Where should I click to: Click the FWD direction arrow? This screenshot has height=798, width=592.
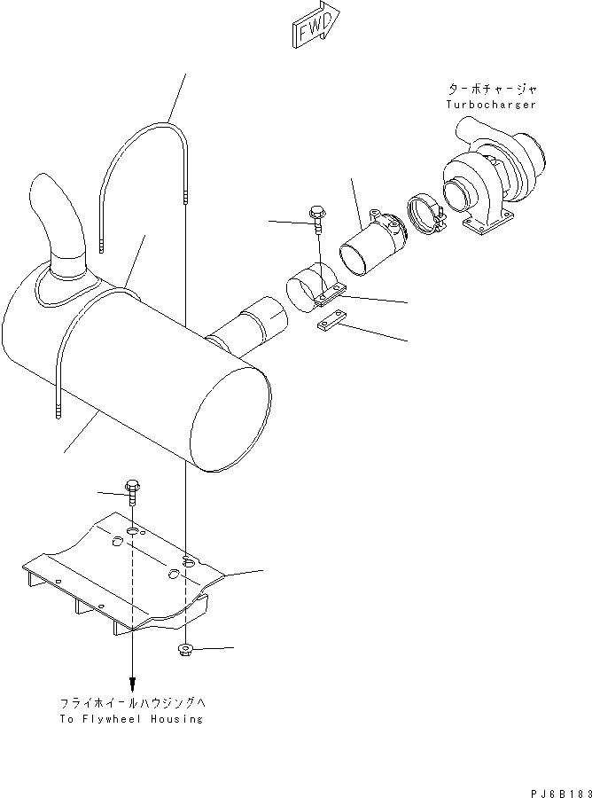pos(315,23)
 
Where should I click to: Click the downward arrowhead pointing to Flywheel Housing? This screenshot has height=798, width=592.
pos(133,684)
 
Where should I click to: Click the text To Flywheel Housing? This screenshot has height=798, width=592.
pos(132,719)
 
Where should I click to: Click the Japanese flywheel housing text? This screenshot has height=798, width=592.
pos(132,703)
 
